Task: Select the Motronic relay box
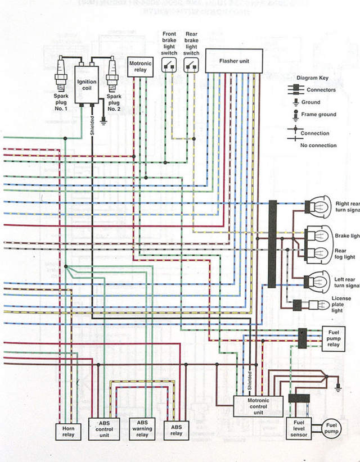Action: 140,67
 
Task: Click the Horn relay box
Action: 67,431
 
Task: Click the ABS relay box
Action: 176,430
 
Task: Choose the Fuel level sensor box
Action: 299,429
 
